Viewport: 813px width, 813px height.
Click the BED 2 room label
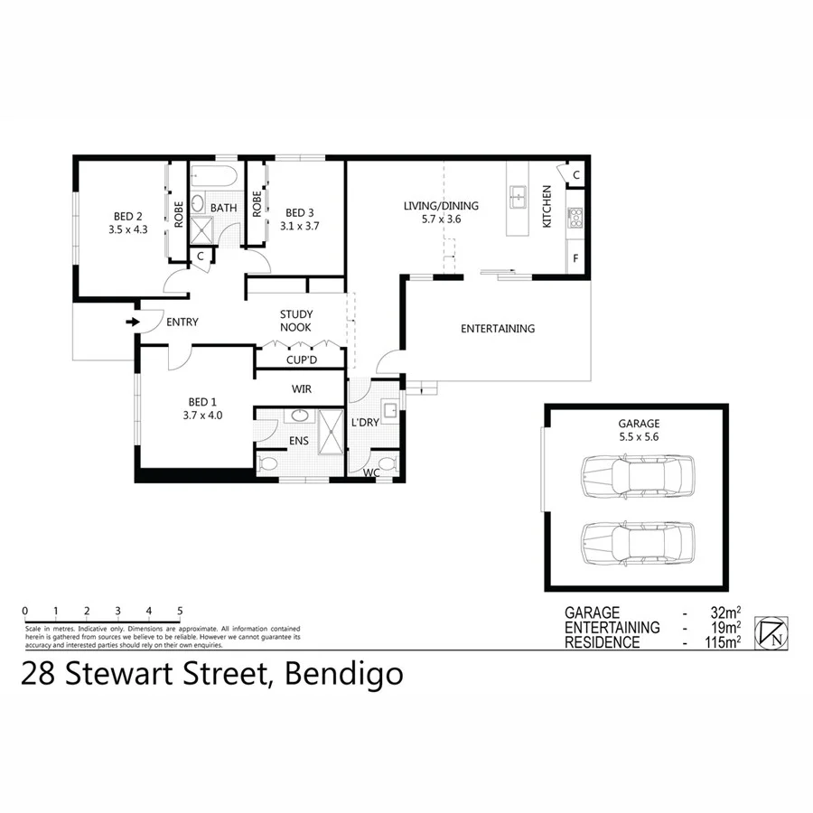click(x=128, y=216)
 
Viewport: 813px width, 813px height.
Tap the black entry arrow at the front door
click(x=133, y=322)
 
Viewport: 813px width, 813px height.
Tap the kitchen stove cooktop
click(x=575, y=216)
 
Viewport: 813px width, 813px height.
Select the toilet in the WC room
click(x=387, y=465)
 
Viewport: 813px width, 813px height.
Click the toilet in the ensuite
click(x=266, y=464)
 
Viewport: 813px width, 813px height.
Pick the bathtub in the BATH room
click(x=213, y=176)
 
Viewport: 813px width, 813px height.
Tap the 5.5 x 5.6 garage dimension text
click(x=639, y=436)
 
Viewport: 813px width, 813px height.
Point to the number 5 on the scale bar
click(x=180, y=611)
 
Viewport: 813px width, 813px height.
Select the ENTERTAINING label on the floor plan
click(x=498, y=329)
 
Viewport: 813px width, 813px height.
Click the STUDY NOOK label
click(x=295, y=321)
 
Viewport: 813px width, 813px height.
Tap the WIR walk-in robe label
click(x=301, y=389)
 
